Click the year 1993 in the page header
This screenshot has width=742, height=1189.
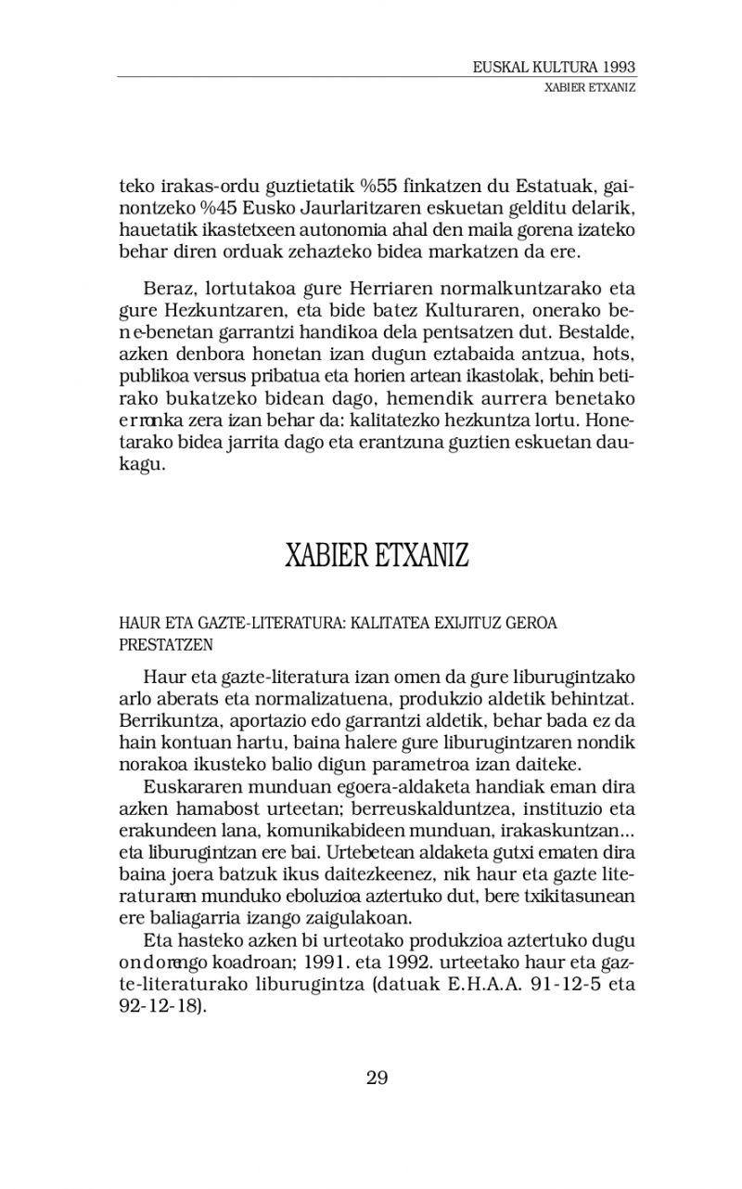point(618,68)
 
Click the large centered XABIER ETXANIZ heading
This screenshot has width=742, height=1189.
point(377,555)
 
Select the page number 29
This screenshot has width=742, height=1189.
point(377,1078)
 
